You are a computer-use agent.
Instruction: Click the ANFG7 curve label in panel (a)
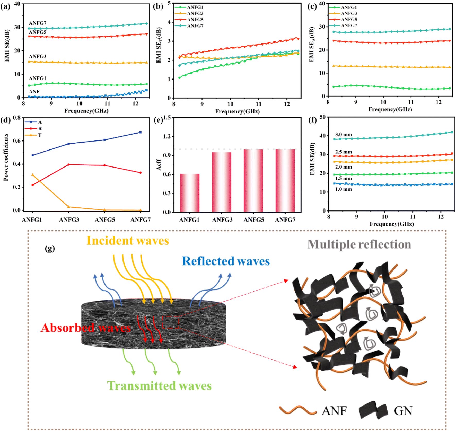38,23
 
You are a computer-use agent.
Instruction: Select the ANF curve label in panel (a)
34,92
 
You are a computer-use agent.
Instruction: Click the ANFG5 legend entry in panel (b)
195,20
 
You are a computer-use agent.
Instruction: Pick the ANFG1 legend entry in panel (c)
349,7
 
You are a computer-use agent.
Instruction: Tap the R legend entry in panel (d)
40,128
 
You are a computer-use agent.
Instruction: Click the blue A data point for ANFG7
140,132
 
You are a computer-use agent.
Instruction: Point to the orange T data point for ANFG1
33,175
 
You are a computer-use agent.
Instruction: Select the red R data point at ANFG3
68,164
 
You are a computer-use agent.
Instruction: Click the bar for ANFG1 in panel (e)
190,193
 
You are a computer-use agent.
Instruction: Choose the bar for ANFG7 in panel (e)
285,180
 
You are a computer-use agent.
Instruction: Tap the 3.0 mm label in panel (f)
343,135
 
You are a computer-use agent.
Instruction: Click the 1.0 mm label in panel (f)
343,189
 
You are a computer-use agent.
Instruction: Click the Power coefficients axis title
6,157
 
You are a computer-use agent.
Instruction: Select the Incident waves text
128,241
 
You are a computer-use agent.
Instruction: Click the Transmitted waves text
159,386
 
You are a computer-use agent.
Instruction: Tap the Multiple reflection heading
359,244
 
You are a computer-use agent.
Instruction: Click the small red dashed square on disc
171,322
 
